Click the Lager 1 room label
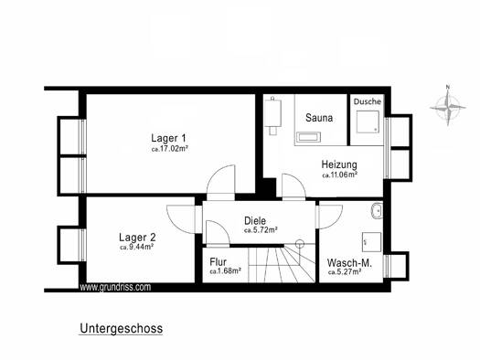pos(168,138)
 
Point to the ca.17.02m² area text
pos(169,149)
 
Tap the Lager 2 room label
pos(137,238)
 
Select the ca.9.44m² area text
pos(136,247)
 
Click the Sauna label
pos(319,118)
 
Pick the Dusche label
pos(368,101)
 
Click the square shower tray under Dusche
pos(368,122)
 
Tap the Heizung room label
pos(339,164)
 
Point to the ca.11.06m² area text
pos(340,175)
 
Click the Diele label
pos(255,220)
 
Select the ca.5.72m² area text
pos(261,230)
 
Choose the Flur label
pos(219,262)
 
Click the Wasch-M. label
pos(349,263)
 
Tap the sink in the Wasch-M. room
pos(376,211)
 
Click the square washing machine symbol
pos(371,242)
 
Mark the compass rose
pos(448,106)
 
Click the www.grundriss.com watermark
pos(115,287)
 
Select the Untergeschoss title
pos(122,329)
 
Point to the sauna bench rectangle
pos(309,137)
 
